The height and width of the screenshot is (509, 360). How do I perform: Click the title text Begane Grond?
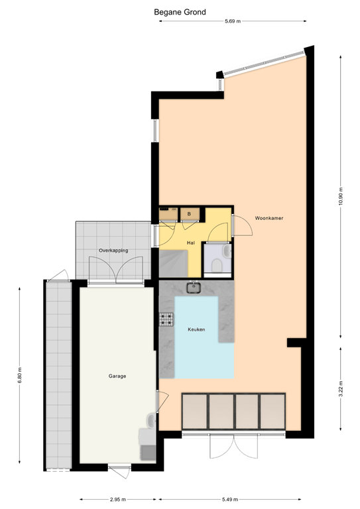pos(180,12)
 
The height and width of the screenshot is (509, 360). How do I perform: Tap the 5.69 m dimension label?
pos(231,22)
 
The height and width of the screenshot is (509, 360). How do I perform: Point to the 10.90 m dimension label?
pos(340,196)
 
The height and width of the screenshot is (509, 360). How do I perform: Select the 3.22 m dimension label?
pos(340,387)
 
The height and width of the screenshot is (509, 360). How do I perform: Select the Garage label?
pos(117,376)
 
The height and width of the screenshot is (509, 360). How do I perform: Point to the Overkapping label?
pos(113,251)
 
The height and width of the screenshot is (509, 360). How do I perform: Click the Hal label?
pos(190,243)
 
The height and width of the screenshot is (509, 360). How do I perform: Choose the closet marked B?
pos(189,213)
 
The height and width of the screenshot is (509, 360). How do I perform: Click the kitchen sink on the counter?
pos(194,288)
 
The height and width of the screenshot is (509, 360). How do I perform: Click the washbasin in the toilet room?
pos(226,252)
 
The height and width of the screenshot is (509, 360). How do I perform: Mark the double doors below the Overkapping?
pos(117,269)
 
